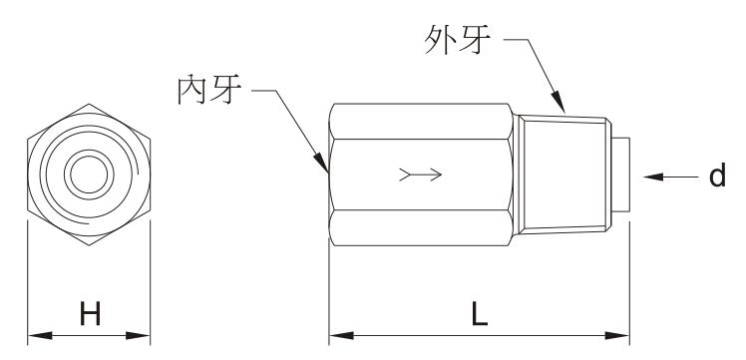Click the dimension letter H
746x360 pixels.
[90, 314]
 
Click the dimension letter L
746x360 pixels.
[479, 314]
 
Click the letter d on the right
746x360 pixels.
[717, 175]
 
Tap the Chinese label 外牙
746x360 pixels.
[457, 40]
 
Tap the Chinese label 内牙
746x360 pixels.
[209, 90]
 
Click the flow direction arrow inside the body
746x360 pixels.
[421, 175]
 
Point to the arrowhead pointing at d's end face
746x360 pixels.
[653, 177]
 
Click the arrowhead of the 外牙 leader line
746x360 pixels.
[559, 103]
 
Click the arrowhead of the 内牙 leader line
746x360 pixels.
[321, 163]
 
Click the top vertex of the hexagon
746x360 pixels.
[89, 104]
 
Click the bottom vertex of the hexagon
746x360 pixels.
[89, 245]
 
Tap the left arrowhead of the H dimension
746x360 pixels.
[39, 336]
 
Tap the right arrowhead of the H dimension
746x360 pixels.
[139, 336]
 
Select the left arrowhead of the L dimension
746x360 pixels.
[341, 336]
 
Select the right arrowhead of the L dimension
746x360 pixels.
[617, 336]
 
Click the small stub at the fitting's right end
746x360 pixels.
[621, 175]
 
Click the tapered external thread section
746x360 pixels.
[561, 175]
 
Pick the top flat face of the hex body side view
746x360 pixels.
[421, 122]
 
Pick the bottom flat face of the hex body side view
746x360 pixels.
[421, 227]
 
